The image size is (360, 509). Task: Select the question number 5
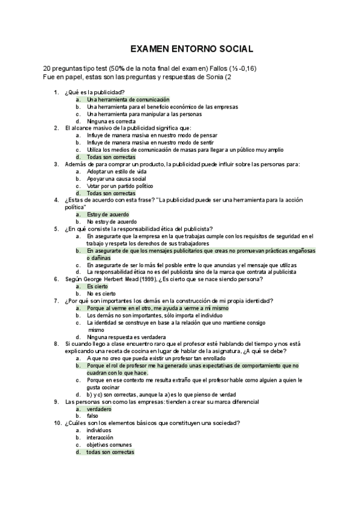(x=56, y=229)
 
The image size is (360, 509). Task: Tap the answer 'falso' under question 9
(x=92, y=416)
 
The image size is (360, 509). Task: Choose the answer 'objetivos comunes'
(x=109, y=445)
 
